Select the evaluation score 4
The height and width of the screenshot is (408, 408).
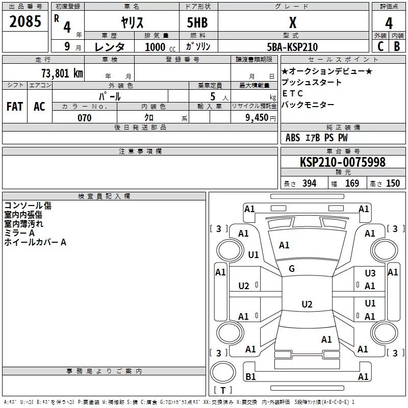click(389, 23)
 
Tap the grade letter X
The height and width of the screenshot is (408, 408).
click(292, 23)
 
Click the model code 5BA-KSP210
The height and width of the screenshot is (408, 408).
click(292, 47)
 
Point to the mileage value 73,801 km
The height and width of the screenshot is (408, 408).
click(62, 73)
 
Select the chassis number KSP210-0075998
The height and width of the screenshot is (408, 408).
click(342, 162)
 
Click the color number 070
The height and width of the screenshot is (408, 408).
click(84, 118)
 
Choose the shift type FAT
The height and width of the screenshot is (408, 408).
click(15, 106)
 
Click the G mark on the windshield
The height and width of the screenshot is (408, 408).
click(292, 269)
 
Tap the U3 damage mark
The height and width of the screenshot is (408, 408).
click(370, 273)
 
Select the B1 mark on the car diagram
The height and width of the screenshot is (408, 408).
click(250, 377)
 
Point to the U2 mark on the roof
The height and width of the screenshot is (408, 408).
click(307, 304)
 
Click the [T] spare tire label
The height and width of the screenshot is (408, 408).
click(223, 390)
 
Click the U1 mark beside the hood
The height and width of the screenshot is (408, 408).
click(253, 254)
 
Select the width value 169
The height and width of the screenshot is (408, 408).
click(352, 184)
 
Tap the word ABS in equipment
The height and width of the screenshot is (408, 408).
click(293, 138)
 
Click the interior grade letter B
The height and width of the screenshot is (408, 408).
click(397, 47)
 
